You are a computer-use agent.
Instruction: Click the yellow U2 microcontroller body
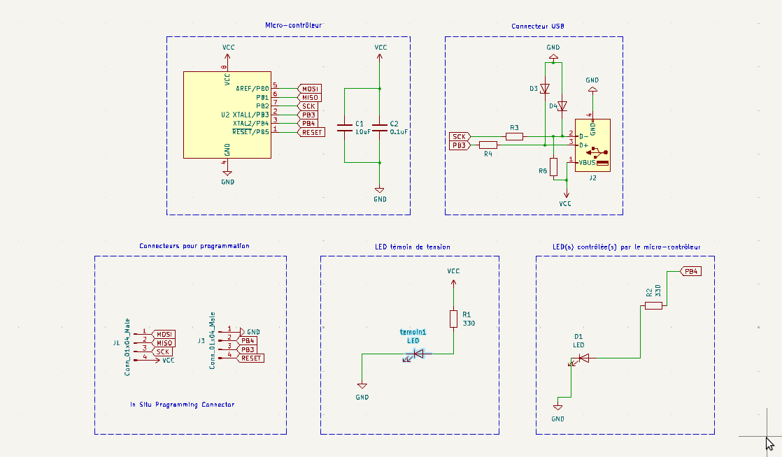pos(227,115)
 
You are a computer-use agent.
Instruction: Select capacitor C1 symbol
pos(345,128)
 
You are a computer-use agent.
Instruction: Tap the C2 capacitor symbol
pos(380,128)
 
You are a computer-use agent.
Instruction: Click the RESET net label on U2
pos(311,132)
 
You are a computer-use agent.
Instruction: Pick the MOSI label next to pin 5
pos(309,89)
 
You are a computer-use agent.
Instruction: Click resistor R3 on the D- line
pos(514,136)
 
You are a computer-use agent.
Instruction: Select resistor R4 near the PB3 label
pos(488,145)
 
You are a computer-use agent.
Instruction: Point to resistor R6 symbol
pos(553,166)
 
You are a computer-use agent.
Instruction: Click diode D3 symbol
pos(545,89)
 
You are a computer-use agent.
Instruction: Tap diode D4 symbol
pos(562,106)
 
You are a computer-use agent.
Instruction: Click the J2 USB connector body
pos(592,145)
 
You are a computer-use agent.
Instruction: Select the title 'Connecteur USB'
pos(538,26)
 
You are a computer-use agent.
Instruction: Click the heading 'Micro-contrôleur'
pos(293,25)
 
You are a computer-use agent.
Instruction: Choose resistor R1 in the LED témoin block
pos(453,319)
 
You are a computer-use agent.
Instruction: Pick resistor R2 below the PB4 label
pos(653,305)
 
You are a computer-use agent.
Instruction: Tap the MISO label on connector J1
pos(163,343)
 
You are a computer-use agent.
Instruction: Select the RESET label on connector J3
pos(250,358)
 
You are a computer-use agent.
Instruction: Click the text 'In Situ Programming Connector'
pos(182,404)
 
